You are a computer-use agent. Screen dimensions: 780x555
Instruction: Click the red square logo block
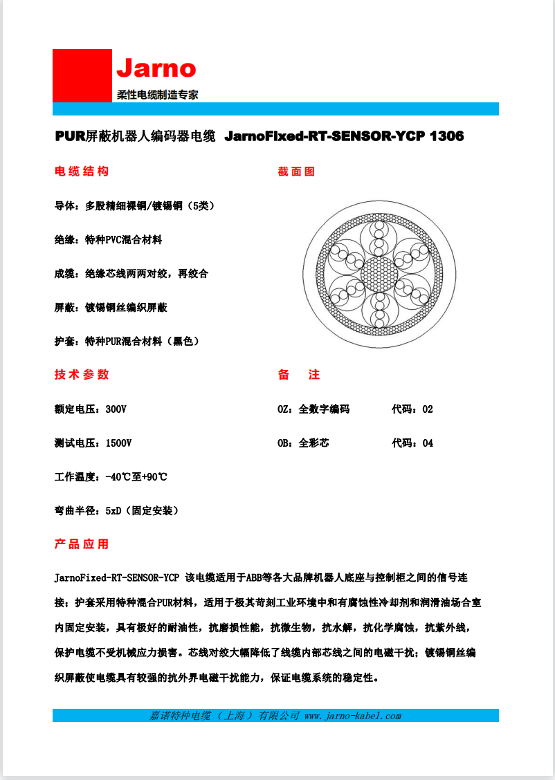pyautogui.click(x=82, y=75)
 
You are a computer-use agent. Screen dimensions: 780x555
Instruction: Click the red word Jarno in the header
pyautogui.click(x=156, y=68)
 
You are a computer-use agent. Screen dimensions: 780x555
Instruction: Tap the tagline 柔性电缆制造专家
pyautogui.click(x=157, y=95)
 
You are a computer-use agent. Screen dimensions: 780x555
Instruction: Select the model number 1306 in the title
pyautogui.click(x=447, y=136)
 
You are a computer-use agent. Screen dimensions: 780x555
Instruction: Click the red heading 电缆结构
pyautogui.click(x=82, y=171)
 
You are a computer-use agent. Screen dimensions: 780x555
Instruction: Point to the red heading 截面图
pyautogui.click(x=296, y=171)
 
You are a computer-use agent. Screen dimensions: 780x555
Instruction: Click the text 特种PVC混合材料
pyautogui.click(x=123, y=239)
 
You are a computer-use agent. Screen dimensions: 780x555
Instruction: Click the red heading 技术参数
pyautogui.click(x=82, y=375)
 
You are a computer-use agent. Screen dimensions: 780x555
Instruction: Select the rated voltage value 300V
pyautogui.click(x=116, y=409)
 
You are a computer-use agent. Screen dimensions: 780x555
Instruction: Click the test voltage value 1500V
pyautogui.click(x=118, y=443)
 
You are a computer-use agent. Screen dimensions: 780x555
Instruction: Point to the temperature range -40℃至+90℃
pyautogui.click(x=136, y=476)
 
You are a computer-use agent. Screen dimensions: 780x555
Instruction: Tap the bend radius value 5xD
pyautogui.click(x=113, y=510)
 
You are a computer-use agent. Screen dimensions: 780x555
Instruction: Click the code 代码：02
pyautogui.click(x=412, y=409)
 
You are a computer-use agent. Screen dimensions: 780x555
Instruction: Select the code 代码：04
pyautogui.click(x=412, y=443)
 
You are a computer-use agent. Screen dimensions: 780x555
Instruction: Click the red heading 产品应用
pyautogui.click(x=82, y=544)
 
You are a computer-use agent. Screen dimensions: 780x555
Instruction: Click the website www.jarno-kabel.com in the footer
pyautogui.click(x=353, y=716)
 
